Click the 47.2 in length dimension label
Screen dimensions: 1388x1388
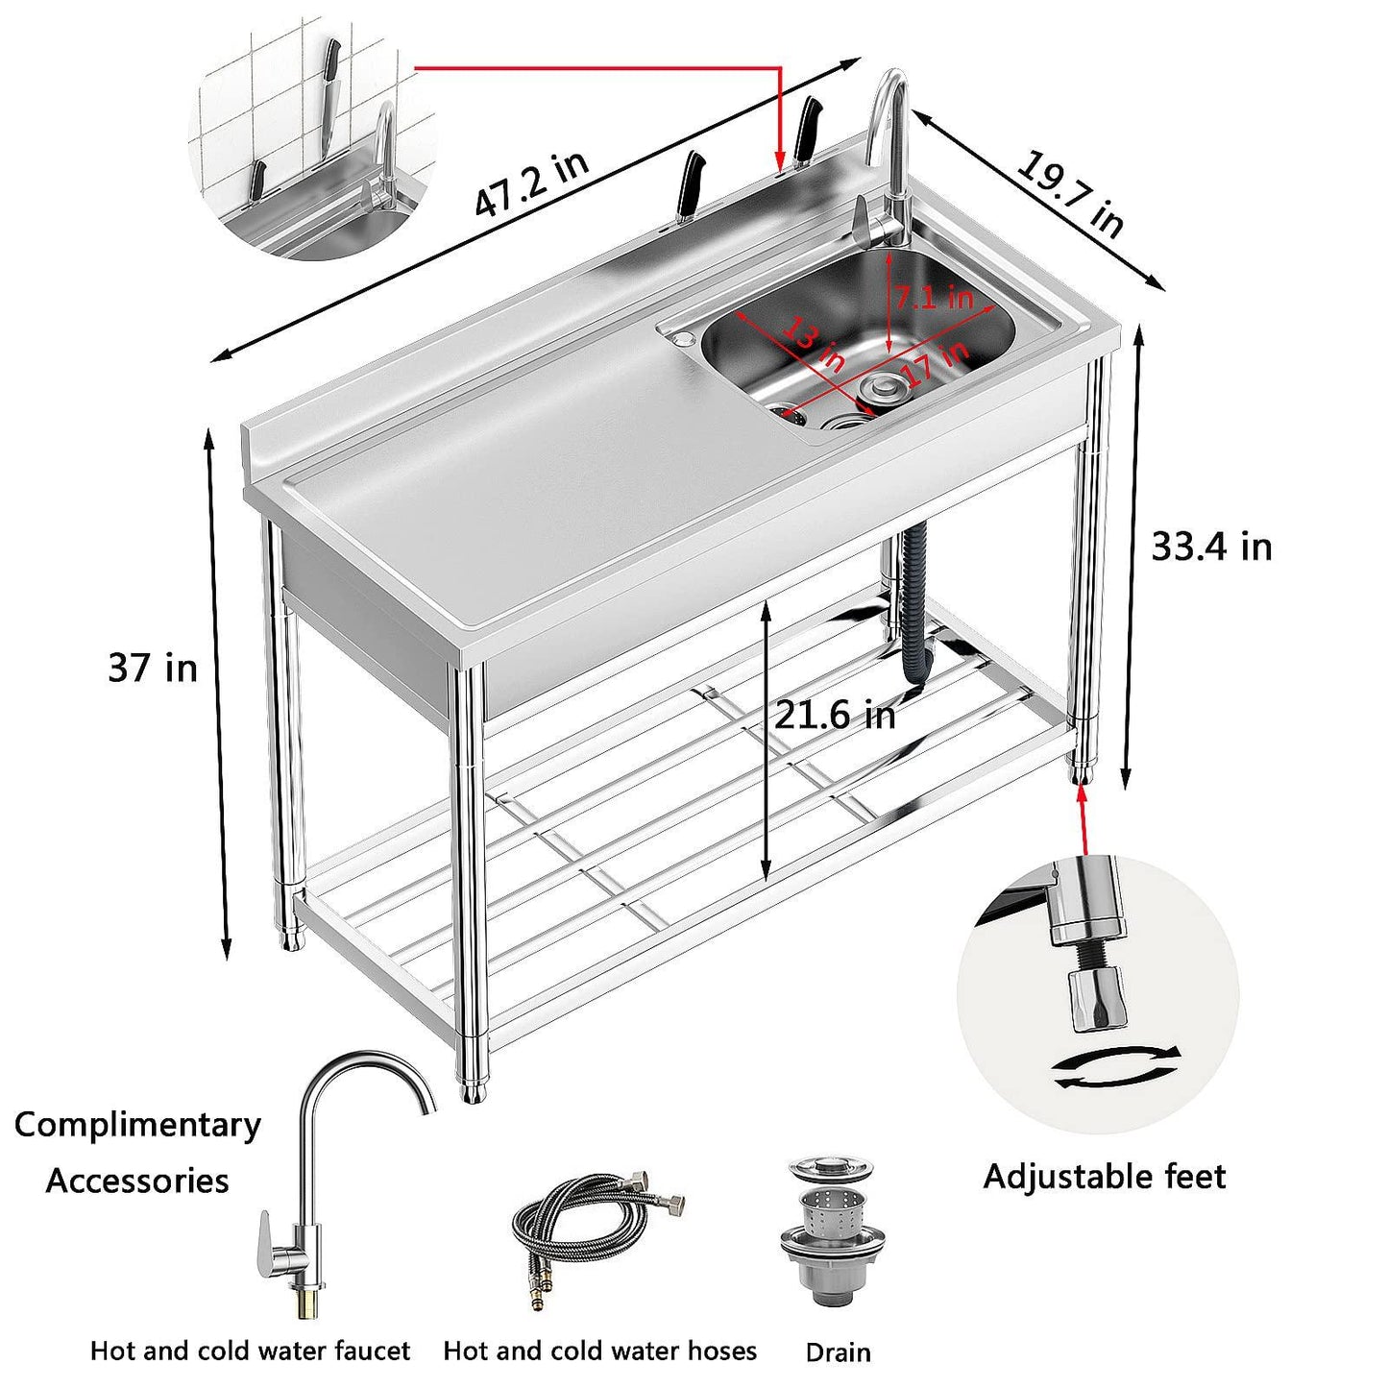[531, 184]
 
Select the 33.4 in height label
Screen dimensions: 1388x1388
[1211, 547]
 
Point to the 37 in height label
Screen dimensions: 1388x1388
[152, 668]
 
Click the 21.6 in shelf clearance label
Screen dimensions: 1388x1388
[835, 715]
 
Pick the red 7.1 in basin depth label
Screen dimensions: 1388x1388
[934, 297]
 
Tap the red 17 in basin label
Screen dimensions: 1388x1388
[937, 363]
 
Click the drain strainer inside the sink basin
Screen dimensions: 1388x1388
[879, 389]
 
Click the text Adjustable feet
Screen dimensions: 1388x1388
[1104, 1177]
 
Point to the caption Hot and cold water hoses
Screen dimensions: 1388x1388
[599, 1351]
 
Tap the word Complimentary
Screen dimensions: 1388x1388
[137, 1124]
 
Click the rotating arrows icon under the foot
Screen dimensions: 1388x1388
[1116, 1068]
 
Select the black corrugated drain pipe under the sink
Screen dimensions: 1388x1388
[913, 605]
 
